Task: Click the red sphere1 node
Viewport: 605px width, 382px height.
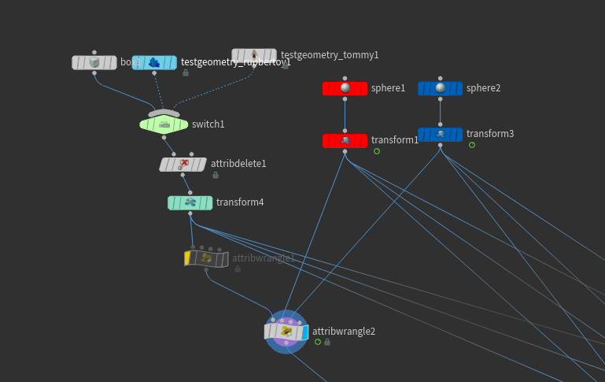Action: (345, 88)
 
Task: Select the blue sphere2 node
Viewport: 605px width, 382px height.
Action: (440, 88)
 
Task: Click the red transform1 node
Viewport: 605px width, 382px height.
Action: (345, 141)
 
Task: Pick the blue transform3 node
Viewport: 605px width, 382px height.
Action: (440, 135)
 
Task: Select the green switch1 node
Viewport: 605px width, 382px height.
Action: (164, 124)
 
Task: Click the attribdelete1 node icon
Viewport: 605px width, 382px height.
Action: (183, 164)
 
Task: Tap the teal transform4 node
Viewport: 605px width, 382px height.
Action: (190, 202)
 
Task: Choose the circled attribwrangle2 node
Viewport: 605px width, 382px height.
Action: (286, 332)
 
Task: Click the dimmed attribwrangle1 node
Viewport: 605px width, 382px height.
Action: (206, 258)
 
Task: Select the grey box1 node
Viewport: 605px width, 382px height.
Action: (94, 62)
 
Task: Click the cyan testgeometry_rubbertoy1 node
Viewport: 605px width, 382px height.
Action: (154, 62)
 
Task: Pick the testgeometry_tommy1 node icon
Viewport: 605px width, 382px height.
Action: (254, 56)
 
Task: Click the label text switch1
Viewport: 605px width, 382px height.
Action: (208, 124)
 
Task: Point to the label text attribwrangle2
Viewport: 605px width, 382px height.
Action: (344, 332)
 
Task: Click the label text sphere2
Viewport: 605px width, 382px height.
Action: (483, 88)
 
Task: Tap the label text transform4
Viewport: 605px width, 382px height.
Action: (240, 202)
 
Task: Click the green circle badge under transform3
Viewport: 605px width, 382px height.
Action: (472, 145)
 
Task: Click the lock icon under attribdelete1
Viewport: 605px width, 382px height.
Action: (216, 175)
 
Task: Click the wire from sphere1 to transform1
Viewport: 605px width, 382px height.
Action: (345, 115)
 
